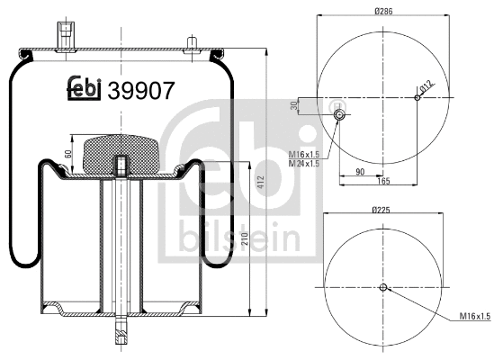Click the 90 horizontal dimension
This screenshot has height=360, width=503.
(360, 171)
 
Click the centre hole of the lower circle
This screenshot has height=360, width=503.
(382, 288)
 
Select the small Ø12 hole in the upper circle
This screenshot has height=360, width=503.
(416, 98)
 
